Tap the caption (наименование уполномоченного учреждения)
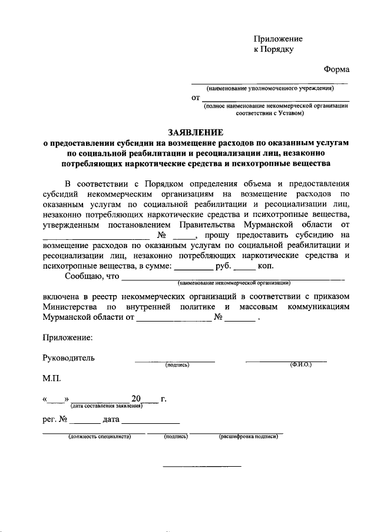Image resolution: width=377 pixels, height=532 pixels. pyautogui.click(x=270, y=89)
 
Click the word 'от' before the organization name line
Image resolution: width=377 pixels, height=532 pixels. pyautogui.click(x=196, y=98)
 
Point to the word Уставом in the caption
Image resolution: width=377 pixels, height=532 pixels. pyautogui.click(x=288, y=113)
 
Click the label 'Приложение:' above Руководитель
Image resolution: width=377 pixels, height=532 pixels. pyautogui.click(x=67, y=338)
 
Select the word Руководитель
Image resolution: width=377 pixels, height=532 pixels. pyautogui.click(x=68, y=357)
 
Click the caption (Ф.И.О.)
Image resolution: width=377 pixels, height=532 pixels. pyautogui.click(x=300, y=365)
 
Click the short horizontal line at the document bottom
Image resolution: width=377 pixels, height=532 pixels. pyautogui.click(x=201, y=466)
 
